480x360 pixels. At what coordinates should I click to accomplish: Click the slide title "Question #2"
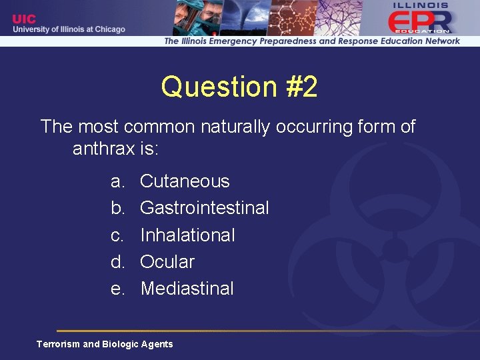click(239, 87)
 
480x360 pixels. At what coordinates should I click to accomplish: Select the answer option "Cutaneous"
click(185, 181)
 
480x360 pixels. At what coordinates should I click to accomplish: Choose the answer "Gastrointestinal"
click(205, 208)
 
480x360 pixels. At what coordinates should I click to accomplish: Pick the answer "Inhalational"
click(187, 235)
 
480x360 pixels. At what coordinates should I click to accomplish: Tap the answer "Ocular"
click(167, 262)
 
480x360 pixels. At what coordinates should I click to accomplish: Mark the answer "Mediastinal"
click(187, 289)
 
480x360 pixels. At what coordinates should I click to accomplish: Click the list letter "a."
click(118, 181)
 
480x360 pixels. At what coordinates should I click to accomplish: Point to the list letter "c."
click(118, 235)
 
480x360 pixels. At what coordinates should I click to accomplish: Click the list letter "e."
click(118, 289)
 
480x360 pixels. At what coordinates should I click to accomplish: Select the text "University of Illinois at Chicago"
click(69, 29)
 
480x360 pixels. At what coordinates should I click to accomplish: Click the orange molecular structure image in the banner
click(293, 17)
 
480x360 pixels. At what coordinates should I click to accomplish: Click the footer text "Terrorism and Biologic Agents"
click(105, 344)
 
